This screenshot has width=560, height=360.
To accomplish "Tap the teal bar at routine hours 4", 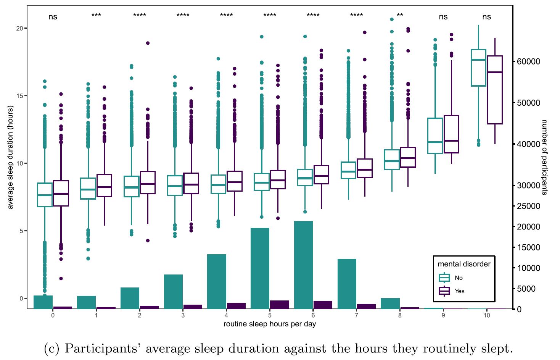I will (x=217, y=281).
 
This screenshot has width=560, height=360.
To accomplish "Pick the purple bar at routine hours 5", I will (x=280, y=305).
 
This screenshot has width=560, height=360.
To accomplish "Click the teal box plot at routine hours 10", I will (x=478, y=68).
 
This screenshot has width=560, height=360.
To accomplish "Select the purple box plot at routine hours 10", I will (x=495, y=90).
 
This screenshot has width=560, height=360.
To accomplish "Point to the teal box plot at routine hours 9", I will (x=435, y=136).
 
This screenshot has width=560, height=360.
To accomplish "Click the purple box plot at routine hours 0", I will (x=61, y=193).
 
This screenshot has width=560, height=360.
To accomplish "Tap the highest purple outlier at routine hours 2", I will (x=148, y=43).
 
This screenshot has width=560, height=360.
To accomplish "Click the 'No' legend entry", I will (x=459, y=278).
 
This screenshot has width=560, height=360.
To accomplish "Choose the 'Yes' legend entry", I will (x=459, y=291).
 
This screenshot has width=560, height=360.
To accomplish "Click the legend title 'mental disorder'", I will (x=464, y=264).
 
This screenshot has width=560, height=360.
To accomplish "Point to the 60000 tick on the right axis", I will (x=528, y=61).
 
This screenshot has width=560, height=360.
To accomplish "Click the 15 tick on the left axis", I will (x=19, y=96).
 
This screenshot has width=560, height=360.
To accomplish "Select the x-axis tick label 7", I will (x=356, y=315).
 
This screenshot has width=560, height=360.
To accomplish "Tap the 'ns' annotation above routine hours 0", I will (x=53, y=17).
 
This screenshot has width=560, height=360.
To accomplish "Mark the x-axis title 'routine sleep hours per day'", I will (x=270, y=324).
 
